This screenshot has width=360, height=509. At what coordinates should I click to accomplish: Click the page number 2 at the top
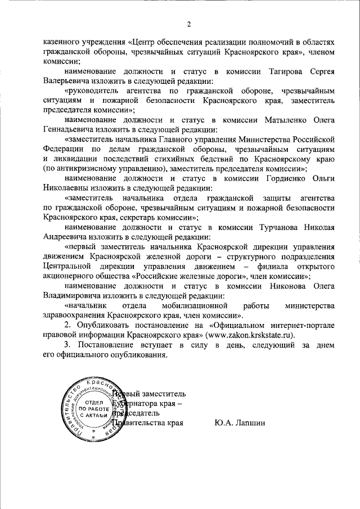[x=189, y=24]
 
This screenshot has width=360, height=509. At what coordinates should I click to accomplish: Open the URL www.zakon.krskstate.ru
[x=251, y=334]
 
